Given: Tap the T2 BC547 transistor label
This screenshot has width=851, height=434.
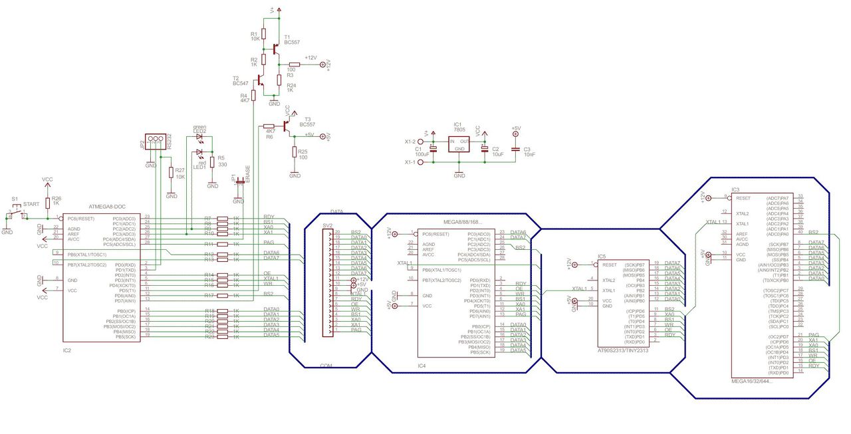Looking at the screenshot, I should pyautogui.click(x=240, y=81).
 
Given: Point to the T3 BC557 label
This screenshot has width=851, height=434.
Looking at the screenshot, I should pyautogui.click(x=307, y=122).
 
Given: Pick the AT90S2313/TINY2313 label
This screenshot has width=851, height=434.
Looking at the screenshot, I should pyautogui.click(x=622, y=350).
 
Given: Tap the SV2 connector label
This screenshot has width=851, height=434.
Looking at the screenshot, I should pyautogui.click(x=328, y=226).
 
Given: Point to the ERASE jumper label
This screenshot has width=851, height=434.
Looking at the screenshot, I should pyautogui.click(x=247, y=174).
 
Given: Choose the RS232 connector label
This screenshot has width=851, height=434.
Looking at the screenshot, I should pyautogui.click(x=170, y=141).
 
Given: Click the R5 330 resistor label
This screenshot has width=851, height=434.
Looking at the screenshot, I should pyautogui.click(x=222, y=161).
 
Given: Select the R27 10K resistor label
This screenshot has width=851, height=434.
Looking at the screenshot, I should pyautogui.click(x=180, y=173).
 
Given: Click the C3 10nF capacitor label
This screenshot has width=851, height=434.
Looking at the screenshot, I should pyautogui.click(x=528, y=152).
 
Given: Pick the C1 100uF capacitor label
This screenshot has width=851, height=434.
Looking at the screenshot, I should pyautogui.click(x=419, y=152).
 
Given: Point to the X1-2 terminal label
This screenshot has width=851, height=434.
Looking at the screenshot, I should pyautogui.click(x=410, y=142).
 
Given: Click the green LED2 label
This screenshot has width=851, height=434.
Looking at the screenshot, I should pyautogui.click(x=199, y=128).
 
